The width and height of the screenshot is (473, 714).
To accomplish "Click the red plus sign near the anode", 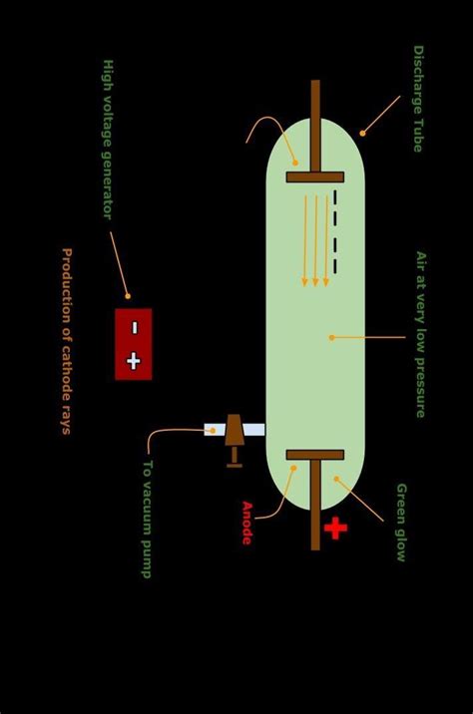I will coord(335,528).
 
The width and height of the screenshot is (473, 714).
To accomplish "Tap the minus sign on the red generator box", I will coord(134,327).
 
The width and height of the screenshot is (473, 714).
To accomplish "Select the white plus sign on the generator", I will coord(134,361).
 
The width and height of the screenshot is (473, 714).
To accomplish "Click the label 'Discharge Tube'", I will coord(418,98).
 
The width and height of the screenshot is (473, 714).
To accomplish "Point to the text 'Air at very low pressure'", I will coord(420,333).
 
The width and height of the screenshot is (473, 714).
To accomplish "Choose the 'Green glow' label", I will coord(401,522).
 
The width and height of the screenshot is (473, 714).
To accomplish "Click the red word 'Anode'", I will coord(246,523).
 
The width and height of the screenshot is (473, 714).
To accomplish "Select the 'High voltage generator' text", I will coord(108,139).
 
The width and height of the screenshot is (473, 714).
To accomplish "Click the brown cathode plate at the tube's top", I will coord(315,178).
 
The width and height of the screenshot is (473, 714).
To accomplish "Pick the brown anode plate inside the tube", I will coord(315,455).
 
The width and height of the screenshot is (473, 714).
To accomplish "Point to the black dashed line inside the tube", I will coord(335,231).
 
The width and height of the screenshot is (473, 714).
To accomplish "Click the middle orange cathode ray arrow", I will coord(315,239).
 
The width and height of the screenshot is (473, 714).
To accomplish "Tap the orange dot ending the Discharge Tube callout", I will coord(362,133).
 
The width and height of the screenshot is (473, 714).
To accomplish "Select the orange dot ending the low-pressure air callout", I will coord(331,337).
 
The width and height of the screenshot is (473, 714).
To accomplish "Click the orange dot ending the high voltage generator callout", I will coord(128,296).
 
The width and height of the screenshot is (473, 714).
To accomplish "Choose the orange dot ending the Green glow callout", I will coord(336,480).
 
